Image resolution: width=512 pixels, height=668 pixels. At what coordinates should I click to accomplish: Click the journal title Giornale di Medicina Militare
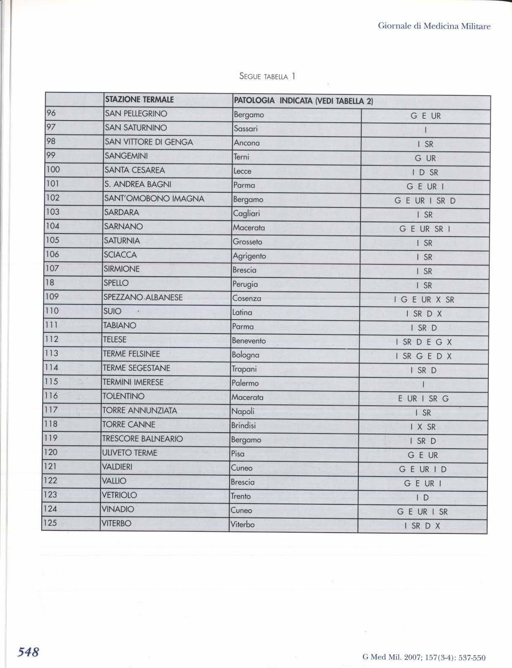(434, 26)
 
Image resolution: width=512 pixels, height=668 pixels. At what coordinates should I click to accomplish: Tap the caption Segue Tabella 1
(267, 76)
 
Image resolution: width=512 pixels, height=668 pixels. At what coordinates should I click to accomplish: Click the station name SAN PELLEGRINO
(136, 113)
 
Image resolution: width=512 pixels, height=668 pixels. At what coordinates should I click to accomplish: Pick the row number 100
(53, 170)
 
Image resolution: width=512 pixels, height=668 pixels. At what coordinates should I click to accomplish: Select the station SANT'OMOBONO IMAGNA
(154, 198)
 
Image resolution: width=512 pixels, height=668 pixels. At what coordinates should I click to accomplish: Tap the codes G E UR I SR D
(425, 201)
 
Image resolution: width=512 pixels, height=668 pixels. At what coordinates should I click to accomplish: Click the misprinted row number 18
(51, 283)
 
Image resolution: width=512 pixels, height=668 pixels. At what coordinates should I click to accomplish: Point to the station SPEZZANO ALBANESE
(143, 297)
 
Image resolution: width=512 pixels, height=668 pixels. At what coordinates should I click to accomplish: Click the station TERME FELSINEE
(131, 354)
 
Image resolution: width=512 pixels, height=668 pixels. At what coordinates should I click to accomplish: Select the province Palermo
(245, 383)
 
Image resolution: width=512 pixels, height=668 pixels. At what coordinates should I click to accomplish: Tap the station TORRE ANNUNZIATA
(140, 410)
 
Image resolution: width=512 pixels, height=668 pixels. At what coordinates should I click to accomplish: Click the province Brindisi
(244, 426)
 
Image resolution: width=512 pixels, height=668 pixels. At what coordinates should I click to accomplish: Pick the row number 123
(51, 495)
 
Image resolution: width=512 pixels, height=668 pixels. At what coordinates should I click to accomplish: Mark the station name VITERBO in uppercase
(116, 523)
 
